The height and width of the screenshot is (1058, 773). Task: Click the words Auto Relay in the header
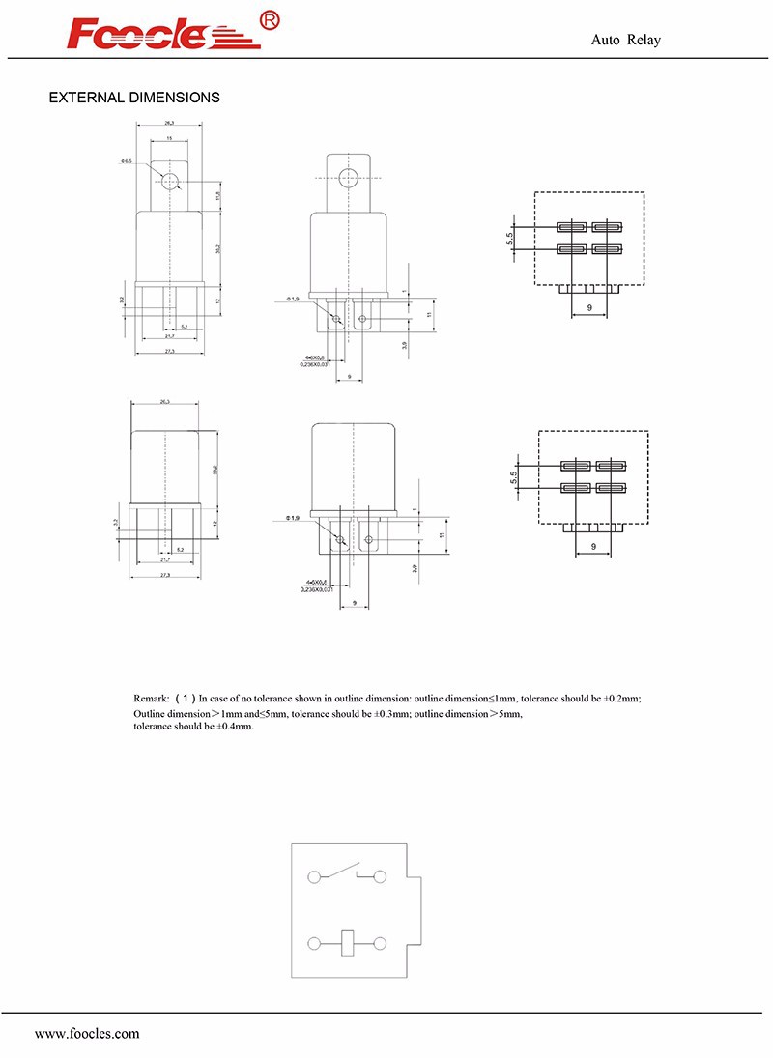(625, 40)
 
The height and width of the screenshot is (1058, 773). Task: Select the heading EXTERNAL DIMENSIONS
(134, 98)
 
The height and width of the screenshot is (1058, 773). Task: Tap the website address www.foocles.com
(87, 1033)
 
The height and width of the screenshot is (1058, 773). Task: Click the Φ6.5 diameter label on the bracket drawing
(127, 161)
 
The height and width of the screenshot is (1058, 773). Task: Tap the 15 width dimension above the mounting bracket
(169, 138)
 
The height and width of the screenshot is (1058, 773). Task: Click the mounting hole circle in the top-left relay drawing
(172, 181)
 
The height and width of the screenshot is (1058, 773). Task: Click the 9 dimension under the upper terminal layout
(589, 308)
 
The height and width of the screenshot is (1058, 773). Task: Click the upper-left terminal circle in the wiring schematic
(313, 877)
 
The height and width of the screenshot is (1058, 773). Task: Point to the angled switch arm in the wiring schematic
(339, 871)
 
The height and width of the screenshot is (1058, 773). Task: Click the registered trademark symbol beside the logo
(271, 21)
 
